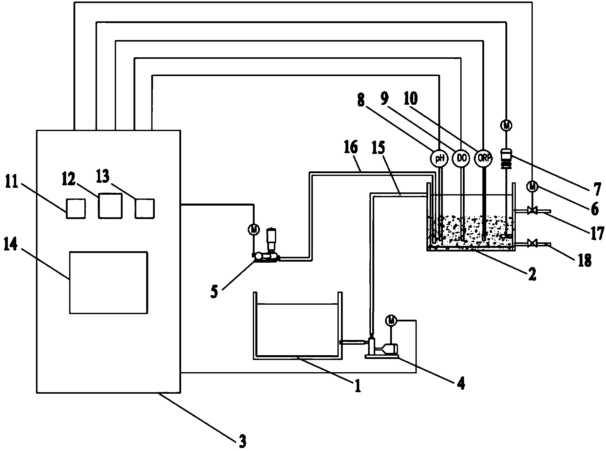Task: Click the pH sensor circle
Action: tap(439, 158)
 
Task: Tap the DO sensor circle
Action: tap(461, 158)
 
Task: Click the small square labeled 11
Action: tap(76, 209)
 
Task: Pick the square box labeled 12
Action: tap(110, 206)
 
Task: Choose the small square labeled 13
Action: tap(145, 209)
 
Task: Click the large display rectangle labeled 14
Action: tap(109, 283)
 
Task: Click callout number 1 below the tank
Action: tap(357, 386)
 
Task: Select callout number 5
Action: tap(214, 291)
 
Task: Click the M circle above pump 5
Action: tap(254, 230)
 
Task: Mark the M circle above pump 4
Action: tap(391, 320)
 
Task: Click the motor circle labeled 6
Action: tap(532, 187)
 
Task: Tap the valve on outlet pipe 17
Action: tap(532, 210)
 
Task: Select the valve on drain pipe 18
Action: tap(532, 243)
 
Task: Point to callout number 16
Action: tap(350, 148)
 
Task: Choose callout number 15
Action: tap(378, 148)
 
